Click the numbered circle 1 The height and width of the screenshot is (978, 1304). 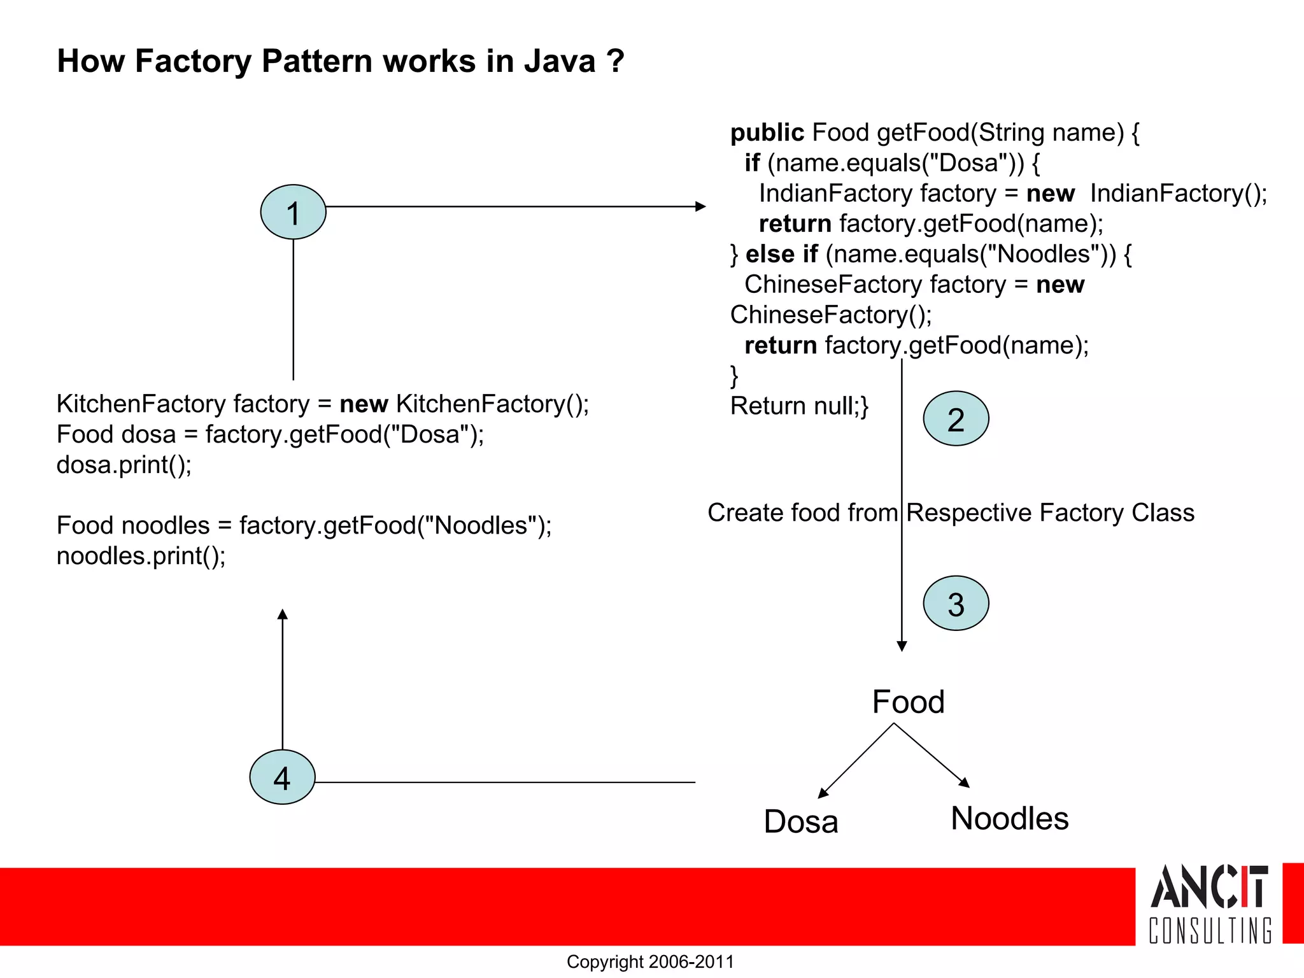coord(293,212)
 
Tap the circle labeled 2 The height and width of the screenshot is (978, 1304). coord(956,418)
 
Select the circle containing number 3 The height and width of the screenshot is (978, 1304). coord(956,603)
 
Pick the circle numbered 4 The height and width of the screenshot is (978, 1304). coord(282,777)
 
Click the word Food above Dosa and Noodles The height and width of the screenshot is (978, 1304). coord(908,702)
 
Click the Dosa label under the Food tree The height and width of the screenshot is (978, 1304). coord(801,821)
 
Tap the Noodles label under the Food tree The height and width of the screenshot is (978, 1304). coord(1009,818)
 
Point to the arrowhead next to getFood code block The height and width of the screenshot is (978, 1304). coord(701,206)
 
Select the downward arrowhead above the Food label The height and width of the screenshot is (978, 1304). coord(902,646)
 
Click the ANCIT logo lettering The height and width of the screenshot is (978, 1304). coord(1208,886)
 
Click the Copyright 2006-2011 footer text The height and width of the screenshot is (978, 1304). coord(650,961)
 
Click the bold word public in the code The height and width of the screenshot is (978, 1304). coord(767,132)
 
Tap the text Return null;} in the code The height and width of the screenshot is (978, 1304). coord(799,406)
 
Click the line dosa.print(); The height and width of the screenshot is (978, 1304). coord(124,465)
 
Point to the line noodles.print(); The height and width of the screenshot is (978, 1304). coord(141,556)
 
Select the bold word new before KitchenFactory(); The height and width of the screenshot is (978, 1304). coord(364,404)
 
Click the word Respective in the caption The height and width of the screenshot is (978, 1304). coord(968,513)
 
